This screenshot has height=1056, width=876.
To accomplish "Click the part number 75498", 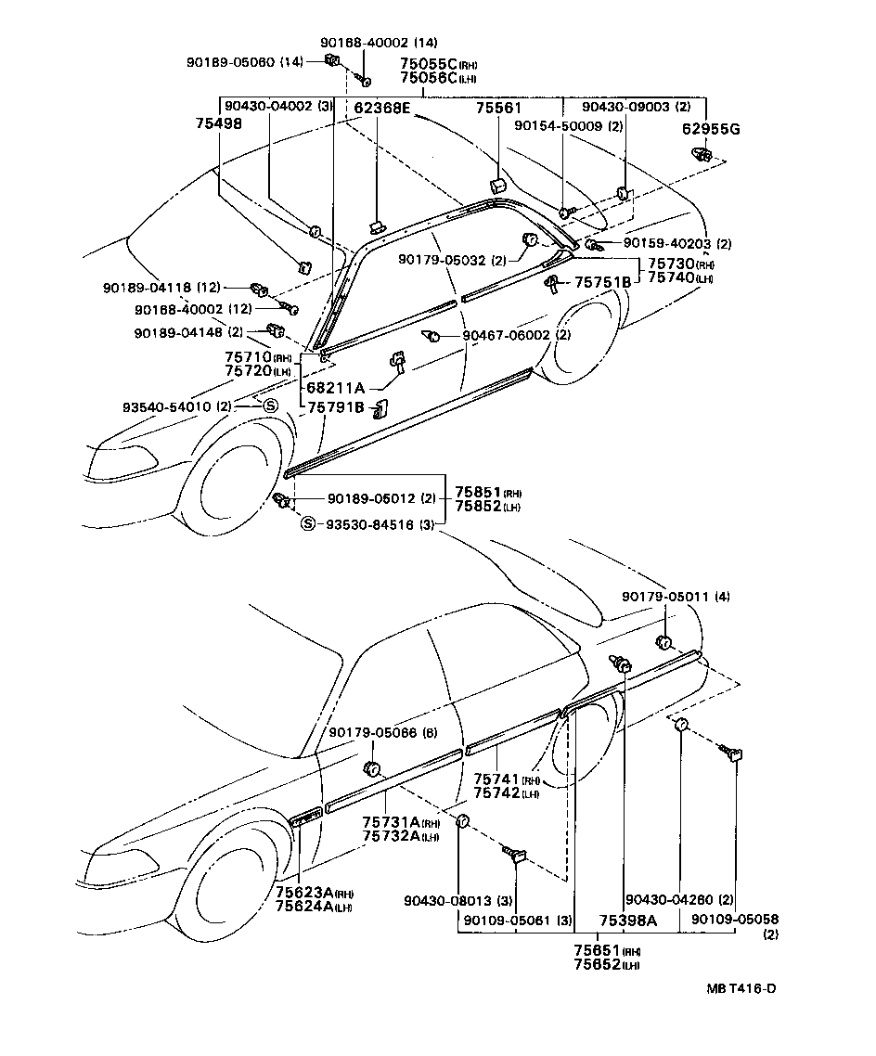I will (x=218, y=122).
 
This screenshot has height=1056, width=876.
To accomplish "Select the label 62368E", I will (x=381, y=109).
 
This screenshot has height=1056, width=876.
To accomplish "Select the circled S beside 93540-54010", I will (x=269, y=406).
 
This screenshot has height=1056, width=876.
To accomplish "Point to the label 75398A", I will (x=627, y=920).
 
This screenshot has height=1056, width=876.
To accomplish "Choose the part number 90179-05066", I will (x=374, y=733).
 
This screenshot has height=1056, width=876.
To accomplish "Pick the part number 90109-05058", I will (x=734, y=919).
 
